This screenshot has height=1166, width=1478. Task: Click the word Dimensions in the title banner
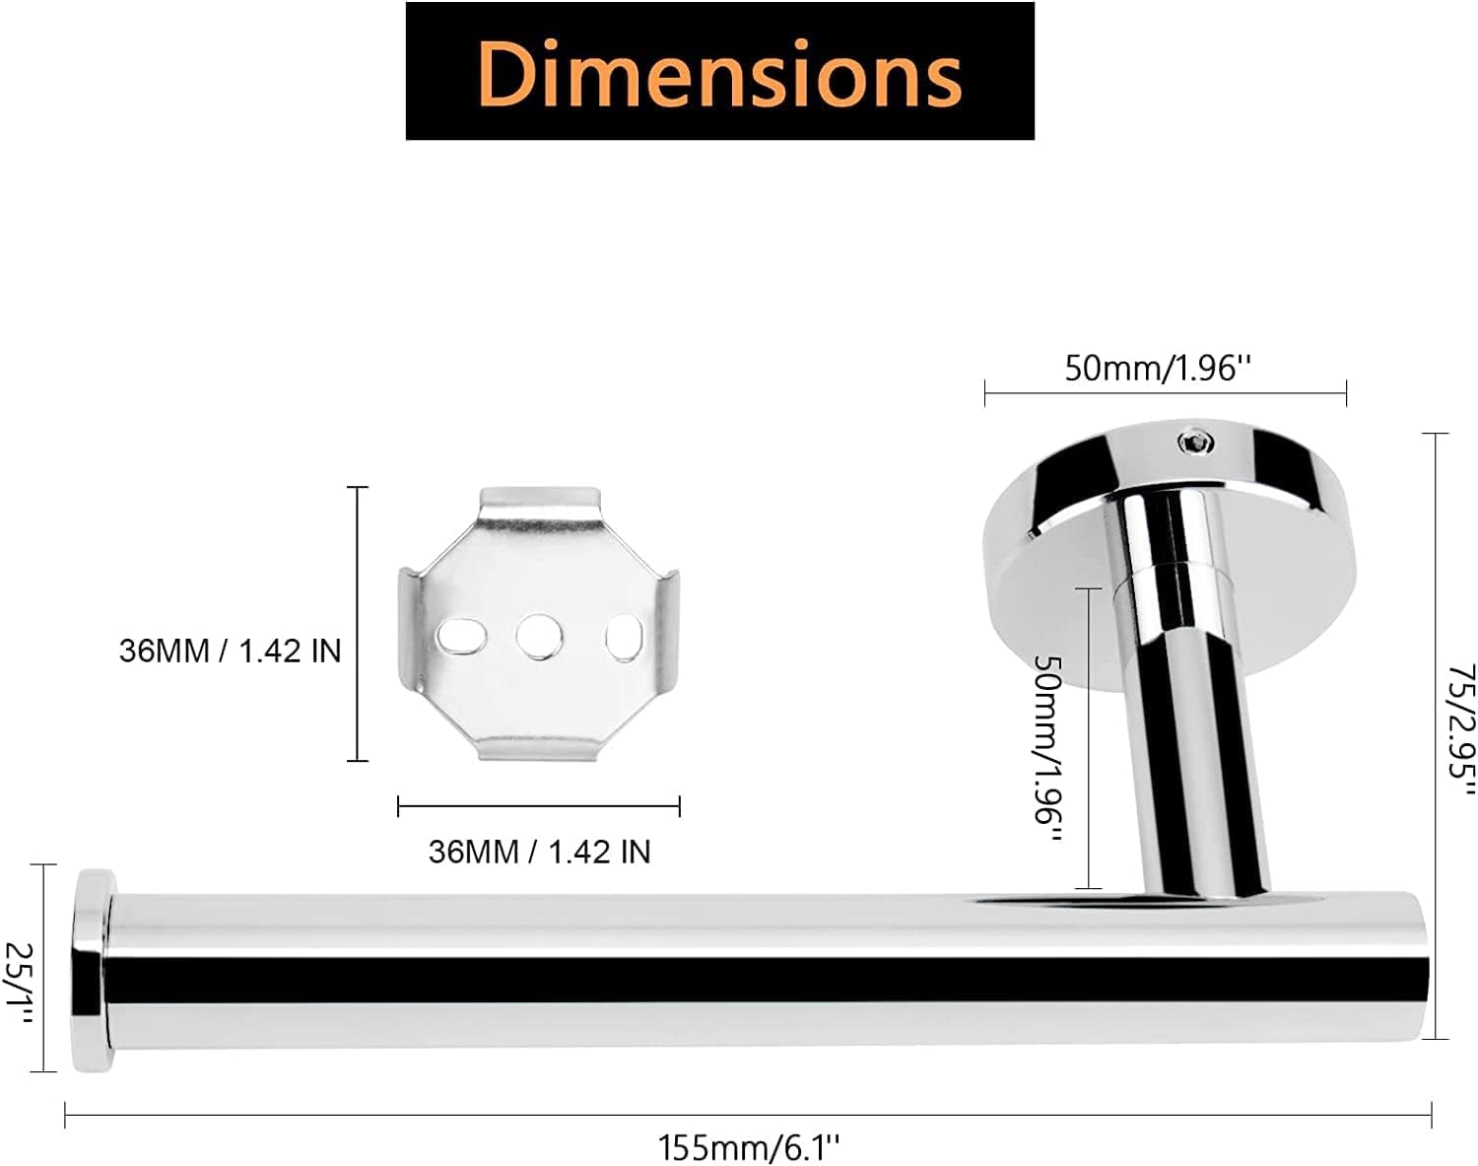pos(719,73)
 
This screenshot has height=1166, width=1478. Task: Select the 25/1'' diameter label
pos(20,984)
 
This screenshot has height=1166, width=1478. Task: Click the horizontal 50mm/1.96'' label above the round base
pos(1159,369)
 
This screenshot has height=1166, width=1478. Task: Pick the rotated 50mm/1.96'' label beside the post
pos(1048,750)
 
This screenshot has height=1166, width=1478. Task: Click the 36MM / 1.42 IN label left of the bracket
pos(231,651)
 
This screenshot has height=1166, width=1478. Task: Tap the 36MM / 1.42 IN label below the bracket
pos(539,852)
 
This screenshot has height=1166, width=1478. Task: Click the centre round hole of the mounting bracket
pos(539,637)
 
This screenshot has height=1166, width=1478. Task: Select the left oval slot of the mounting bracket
pos(462,636)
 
